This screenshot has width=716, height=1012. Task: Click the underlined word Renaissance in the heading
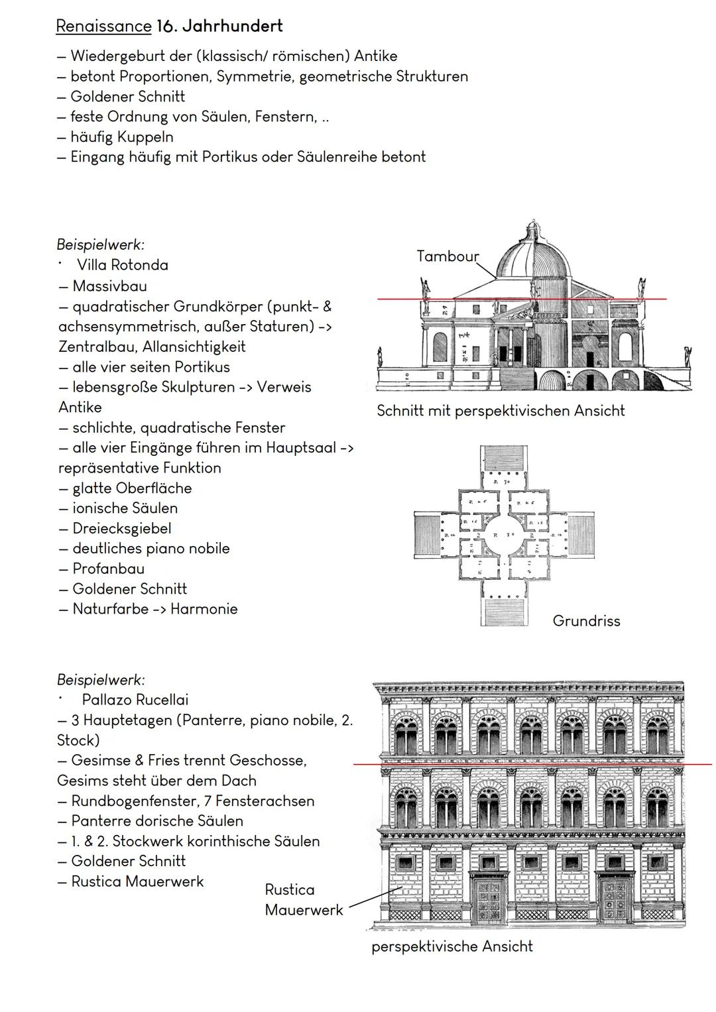pyautogui.click(x=103, y=27)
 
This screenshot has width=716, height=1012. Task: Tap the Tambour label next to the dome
pyautogui.click(x=447, y=256)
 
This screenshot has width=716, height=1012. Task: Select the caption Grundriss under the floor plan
pyautogui.click(x=586, y=621)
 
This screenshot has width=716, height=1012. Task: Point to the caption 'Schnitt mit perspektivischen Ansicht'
pyautogui.click(x=501, y=411)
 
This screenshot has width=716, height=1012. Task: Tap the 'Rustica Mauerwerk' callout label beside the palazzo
pyautogui.click(x=303, y=899)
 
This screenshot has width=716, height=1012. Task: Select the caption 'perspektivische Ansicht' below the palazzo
pyautogui.click(x=451, y=946)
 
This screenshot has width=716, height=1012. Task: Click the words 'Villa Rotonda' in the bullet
pyautogui.click(x=122, y=265)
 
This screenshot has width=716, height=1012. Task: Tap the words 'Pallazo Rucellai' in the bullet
pyautogui.click(x=135, y=700)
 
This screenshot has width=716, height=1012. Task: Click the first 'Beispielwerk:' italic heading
pyautogui.click(x=101, y=245)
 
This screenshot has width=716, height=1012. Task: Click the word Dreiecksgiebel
pyautogui.click(x=122, y=529)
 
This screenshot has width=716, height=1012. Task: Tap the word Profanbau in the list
pyautogui.click(x=108, y=569)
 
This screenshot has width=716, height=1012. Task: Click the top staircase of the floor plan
pyautogui.click(x=505, y=459)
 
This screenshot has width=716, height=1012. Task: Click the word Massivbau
pyautogui.click(x=109, y=286)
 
